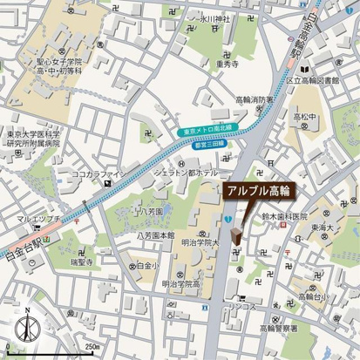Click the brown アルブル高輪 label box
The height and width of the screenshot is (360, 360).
(x=257, y=190)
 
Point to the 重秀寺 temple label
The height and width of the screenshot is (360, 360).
(x=228, y=64)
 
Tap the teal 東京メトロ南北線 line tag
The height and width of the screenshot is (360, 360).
(x=210, y=131)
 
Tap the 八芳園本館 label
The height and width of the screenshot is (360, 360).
(x=156, y=235)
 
